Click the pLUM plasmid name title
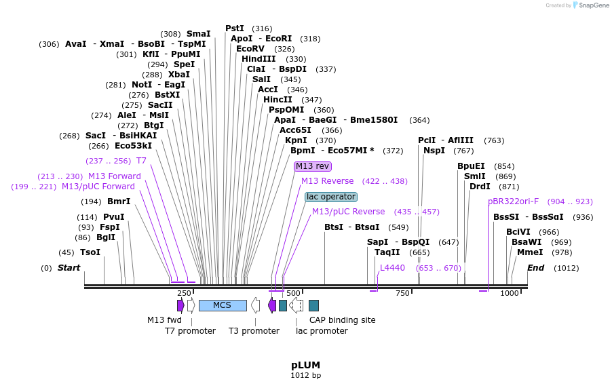305,365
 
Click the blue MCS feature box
223,305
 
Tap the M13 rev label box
312,166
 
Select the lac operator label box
330,197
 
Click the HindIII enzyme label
259,59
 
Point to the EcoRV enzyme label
250,49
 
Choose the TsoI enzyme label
90,252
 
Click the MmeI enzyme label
530,252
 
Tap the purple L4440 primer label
392,268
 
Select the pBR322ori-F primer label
513,201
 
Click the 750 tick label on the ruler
402,293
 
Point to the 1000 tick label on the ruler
509,293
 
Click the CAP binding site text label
342,320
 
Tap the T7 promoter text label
190,331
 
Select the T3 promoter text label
254,331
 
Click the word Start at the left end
69,268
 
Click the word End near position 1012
535,268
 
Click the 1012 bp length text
305,375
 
